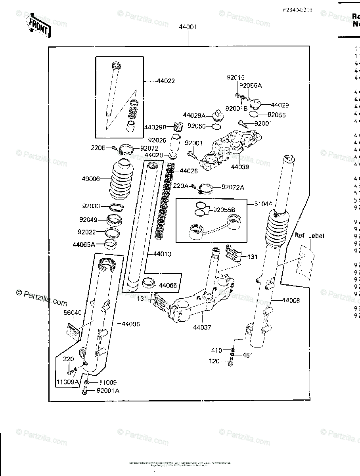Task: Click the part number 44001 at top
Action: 188,27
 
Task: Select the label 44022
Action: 166,81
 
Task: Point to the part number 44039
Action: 241,167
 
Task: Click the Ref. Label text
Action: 309,236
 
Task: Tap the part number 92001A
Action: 108,391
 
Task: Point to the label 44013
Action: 162,254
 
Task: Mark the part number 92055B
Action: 224,210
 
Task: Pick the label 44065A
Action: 84,245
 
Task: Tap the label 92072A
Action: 233,187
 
